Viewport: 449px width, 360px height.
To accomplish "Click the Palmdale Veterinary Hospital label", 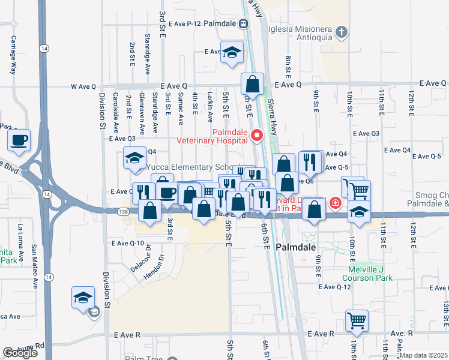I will (x=229, y=136).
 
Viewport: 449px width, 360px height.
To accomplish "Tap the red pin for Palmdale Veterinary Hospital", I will (x=257, y=136).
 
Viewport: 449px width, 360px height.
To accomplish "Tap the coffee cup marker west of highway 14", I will (x=19, y=141).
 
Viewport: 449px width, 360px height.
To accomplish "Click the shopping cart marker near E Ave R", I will (x=356, y=320).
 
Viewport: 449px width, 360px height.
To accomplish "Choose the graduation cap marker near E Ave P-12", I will (x=232, y=52).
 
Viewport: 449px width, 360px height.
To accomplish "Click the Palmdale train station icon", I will (x=243, y=24).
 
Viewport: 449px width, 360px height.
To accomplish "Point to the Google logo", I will (x=20, y=353).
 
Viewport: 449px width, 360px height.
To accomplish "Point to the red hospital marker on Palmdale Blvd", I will (x=334, y=203).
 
